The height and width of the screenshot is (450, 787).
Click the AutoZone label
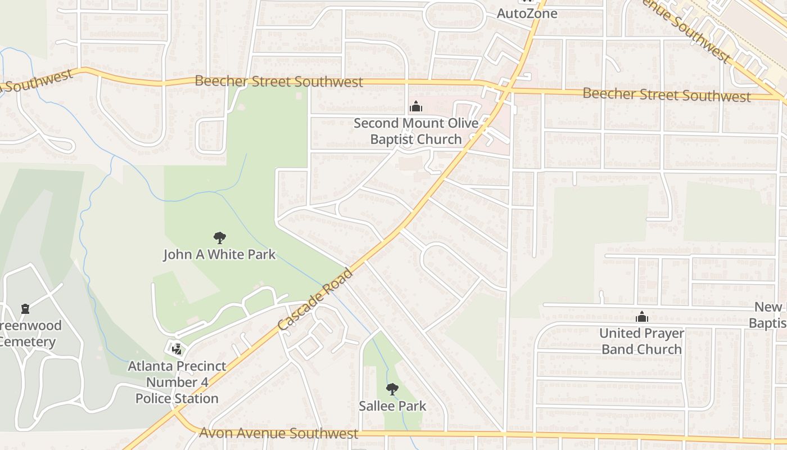[x=527, y=13]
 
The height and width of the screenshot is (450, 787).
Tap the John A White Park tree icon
[x=219, y=238]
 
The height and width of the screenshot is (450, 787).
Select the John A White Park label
[x=219, y=255]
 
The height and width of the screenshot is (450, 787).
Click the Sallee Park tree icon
[x=392, y=389]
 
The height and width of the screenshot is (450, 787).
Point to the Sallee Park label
[x=392, y=406]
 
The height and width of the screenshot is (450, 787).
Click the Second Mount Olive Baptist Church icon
[x=416, y=106]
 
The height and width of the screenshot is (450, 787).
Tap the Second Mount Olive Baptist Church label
[x=416, y=131]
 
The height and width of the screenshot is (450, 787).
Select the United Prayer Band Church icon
[x=641, y=317]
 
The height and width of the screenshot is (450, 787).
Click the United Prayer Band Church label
[x=641, y=341]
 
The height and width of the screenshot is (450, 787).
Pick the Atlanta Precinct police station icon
[x=177, y=349]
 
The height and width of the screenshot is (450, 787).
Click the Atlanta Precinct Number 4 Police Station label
[x=177, y=382]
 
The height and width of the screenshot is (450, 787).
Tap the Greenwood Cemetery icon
[x=25, y=309]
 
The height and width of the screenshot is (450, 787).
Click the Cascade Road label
[x=315, y=299]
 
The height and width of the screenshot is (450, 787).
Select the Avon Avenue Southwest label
[x=279, y=433]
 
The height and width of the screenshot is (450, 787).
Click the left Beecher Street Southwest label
[x=279, y=82]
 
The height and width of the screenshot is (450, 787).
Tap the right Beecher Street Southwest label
[x=666, y=94]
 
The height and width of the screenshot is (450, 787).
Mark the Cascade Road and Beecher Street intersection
[x=505, y=88]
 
